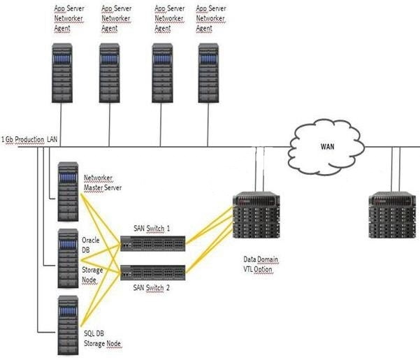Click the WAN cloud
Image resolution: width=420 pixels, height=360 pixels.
(326, 147)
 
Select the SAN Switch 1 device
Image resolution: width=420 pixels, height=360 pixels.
(152, 243)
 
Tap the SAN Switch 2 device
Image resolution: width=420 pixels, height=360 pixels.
(152, 273)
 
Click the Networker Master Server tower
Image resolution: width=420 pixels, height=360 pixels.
(68, 192)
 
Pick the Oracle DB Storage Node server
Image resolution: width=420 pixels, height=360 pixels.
(68, 259)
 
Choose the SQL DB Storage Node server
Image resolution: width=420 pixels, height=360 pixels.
(68, 326)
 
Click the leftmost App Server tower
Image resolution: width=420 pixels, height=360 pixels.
(62, 73)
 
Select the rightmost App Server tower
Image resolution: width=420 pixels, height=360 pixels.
(208, 73)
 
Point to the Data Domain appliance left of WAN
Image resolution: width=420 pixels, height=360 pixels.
(256, 215)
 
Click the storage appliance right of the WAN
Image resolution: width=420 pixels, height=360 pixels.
(393, 215)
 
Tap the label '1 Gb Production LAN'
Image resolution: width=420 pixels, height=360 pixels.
(29, 140)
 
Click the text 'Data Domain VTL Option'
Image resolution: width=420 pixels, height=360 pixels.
(261, 264)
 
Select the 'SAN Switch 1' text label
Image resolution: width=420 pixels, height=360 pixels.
(152, 229)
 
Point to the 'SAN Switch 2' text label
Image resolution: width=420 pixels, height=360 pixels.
(152, 288)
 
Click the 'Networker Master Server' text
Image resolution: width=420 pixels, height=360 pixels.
(103, 182)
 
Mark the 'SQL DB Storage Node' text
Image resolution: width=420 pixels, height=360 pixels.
(102, 338)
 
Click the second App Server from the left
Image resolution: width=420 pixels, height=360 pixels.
(109, 73)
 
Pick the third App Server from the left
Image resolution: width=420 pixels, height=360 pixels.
(162, 73)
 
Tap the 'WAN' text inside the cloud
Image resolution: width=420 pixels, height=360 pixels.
(327, 147)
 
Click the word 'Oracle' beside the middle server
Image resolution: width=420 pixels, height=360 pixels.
(91, 240)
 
